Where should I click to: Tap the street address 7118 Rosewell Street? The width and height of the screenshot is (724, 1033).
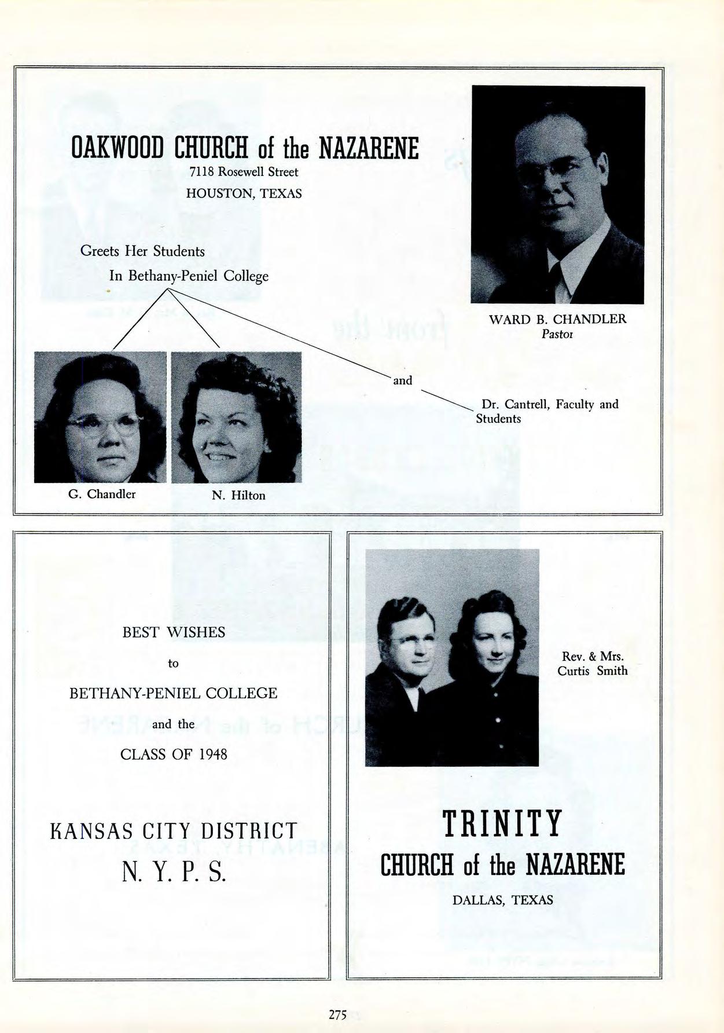pos(244,172)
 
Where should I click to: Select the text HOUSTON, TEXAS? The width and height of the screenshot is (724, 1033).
pos(244,193)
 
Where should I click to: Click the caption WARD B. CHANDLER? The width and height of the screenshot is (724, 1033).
pos(557,319)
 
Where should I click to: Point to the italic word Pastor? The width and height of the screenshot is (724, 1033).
pos(557,334)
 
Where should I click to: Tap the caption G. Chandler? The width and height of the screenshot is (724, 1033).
pos(102,494)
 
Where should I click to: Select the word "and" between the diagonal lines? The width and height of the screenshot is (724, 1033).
pos(402,380)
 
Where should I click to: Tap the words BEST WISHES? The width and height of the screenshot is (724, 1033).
pos(174,632)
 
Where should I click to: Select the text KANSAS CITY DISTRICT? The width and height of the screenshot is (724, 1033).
pos(174,831)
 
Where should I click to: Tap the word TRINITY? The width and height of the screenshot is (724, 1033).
pos(502,824)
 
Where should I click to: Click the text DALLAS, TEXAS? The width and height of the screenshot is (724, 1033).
pos(502,900)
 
